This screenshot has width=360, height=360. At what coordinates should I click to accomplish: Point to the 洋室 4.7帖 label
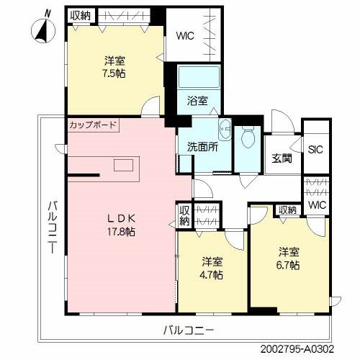[212, 268]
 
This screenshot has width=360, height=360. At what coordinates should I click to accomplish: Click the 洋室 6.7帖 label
[289, 258]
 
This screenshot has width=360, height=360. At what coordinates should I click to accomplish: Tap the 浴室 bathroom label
[198, 101]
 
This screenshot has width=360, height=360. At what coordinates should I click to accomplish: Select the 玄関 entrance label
[282, 159]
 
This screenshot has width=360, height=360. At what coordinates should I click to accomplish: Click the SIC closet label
[315, 150]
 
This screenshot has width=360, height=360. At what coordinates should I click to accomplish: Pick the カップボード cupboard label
[93, 125]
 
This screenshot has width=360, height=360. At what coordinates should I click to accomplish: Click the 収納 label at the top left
[81, 14]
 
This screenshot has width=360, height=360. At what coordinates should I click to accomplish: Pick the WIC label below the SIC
[316, 205]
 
